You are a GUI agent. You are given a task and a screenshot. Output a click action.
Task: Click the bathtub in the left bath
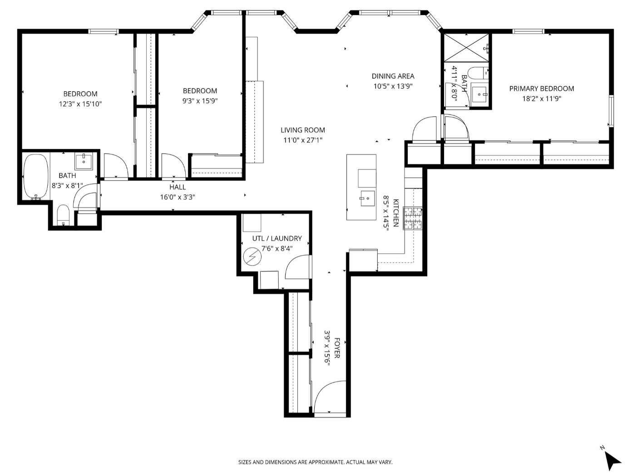pyautogui.click(x=36, y=176)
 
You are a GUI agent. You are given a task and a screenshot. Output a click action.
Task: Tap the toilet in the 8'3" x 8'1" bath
pyautogui.click(x=63, y=214)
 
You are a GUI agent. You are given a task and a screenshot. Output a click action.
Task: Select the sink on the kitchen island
pyautogui.click(x=367, y=198)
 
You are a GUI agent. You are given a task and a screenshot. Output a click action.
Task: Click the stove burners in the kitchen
pyautogui.click(x=413, y=218)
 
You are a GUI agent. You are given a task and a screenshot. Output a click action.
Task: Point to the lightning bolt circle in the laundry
pyautogui.click(x=252, y=256)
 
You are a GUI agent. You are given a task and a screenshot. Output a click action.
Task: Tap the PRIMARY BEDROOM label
pyautogui.click(x=541, y=89)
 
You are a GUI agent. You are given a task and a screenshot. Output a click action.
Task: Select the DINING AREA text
pyautogui.click(x=393, y=76)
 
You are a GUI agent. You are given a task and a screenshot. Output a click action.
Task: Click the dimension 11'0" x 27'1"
pyautogui.click(x=303, y=140)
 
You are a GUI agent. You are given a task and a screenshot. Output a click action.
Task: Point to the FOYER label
pyautogui.click(x=337, y=348)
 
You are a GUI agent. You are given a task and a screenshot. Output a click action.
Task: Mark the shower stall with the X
pyautogui.click(x=466, y=48)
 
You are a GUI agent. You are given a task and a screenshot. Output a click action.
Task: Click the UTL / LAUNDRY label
pyautogui.click(x=277, y=238)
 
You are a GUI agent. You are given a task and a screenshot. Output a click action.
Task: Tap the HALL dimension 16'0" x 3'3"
pyautogui.click(x=178, y=197)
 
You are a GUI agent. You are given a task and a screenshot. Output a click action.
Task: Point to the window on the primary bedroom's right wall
pyautogui.click(x=611, y=111)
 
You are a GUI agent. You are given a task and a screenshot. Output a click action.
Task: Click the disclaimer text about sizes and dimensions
pyautogui.click(x=315, y=462)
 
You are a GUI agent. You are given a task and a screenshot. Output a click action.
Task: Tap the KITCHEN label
pyautogui.click(x=396, y=212)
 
